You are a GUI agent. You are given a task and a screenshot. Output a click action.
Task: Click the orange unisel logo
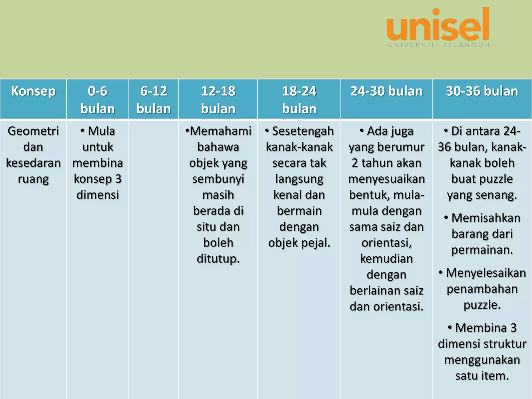(x=438, y=25)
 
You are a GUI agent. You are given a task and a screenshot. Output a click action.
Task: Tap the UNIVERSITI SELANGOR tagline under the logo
(x=439, y=45)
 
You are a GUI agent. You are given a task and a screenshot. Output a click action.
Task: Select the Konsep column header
(x=33, y=91)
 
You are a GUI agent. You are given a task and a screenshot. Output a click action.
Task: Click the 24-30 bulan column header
(x=387, y=91)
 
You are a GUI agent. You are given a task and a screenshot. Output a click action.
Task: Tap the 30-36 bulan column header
(x=482, y=91)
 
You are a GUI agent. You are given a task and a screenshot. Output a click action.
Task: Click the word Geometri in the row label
(x=33, y=131)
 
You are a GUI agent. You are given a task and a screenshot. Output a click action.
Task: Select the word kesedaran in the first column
(x=33, y=163)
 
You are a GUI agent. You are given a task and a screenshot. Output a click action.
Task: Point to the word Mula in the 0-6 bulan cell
(x=101, y=131)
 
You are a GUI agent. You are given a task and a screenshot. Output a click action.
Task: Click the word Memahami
(x=221, y=131)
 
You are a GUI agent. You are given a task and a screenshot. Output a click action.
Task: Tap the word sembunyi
(x=218, y=179)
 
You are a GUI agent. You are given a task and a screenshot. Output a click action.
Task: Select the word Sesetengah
(x=303, y=131)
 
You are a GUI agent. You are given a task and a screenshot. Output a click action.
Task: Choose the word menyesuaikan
(x=387, y=179)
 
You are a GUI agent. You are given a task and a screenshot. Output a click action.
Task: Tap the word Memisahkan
(x=486, y=218)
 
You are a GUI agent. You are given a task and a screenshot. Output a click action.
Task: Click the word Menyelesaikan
(x=486, y=273)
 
